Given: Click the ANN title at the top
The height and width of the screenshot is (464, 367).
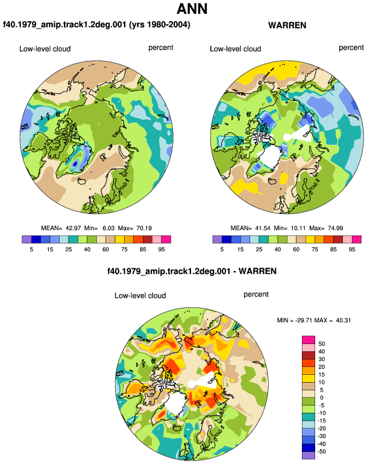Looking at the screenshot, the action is pos(192,9).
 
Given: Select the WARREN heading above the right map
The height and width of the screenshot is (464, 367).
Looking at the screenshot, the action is pos(287,25).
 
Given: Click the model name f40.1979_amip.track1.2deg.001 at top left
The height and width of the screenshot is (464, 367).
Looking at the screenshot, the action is pos(65,24).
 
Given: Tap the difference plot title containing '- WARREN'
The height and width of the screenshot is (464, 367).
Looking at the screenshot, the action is pos(192,271).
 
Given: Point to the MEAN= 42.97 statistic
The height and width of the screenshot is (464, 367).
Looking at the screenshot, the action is pos(61,228).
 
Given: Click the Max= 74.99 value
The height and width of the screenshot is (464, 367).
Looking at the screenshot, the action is pos(326,228).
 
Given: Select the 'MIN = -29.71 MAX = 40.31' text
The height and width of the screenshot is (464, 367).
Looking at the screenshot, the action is pos(314,320).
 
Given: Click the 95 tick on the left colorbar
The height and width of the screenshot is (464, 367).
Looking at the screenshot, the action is pos(162,249).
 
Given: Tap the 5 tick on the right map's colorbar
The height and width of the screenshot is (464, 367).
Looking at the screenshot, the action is pos(222,249).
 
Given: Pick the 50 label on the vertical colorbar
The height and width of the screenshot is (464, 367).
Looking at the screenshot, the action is pos(321,344).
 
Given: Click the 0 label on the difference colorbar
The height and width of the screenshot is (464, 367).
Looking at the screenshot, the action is pos(322,398).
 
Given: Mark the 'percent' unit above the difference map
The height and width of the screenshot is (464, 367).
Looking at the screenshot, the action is pos(256,295).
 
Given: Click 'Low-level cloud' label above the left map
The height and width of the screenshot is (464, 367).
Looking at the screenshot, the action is pos(45,49).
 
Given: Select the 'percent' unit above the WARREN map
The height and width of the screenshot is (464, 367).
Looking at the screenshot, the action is pos(351,48).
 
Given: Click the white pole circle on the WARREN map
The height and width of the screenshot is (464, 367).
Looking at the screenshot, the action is pos(286,137).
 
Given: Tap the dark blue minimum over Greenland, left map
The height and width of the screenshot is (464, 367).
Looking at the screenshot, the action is pos(75,163).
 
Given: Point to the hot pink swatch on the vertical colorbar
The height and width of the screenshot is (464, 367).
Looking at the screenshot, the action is pos(309,340).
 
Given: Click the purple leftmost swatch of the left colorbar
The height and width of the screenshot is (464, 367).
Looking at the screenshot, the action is pos(27,239).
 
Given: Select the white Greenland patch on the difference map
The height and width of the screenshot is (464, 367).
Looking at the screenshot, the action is pos(175,403).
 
